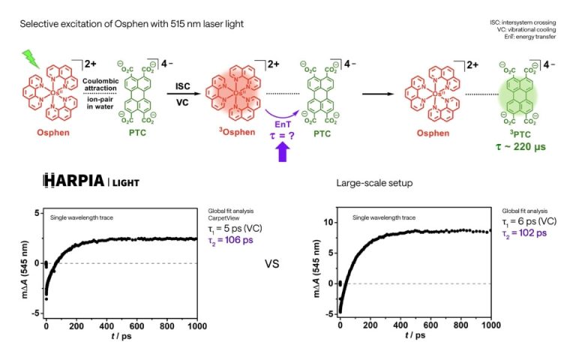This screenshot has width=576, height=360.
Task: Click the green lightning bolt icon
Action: pos(31,57)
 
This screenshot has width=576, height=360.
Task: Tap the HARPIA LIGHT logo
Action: pos(91,181)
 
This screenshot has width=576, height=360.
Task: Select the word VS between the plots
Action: pos(276,264)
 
